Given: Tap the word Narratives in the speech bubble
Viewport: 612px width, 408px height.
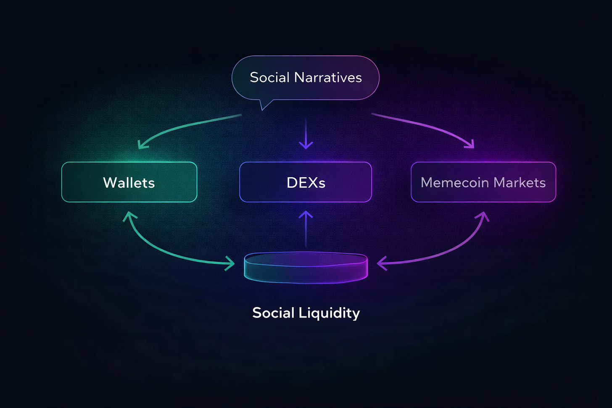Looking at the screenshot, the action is coord(328,77).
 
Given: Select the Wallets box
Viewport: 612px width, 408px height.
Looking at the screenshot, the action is coord(129,182).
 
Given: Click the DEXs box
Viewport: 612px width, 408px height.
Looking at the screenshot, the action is coord(306,182).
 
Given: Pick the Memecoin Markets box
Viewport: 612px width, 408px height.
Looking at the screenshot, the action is coord(483,182).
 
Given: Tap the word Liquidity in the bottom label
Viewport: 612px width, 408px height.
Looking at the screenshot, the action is coord(329,313).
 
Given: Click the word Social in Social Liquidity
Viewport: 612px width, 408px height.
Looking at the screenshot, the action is coord(273,313).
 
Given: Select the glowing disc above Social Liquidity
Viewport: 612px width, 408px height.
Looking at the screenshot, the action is coord(306,268).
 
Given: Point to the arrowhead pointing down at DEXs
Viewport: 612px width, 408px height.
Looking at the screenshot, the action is coord(306,145).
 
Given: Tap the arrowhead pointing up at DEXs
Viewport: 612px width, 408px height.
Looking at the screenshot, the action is coord(306,215).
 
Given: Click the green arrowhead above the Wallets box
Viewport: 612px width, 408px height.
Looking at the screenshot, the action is coord(142,145).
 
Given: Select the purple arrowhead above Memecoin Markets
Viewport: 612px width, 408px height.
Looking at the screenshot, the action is coord(470,144).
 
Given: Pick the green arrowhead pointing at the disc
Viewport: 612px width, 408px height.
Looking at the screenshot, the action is coord(230,263).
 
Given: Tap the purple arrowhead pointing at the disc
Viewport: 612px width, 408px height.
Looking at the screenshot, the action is coord(381,263).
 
